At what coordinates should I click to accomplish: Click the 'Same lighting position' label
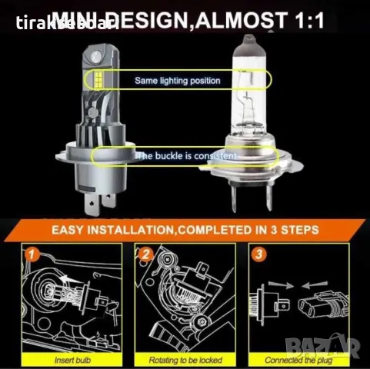pos(177,80)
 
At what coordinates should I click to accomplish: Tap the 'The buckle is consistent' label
pos(185,156)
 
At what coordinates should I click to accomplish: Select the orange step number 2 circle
pos(145,252)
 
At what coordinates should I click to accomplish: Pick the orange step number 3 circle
pos(259,252)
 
